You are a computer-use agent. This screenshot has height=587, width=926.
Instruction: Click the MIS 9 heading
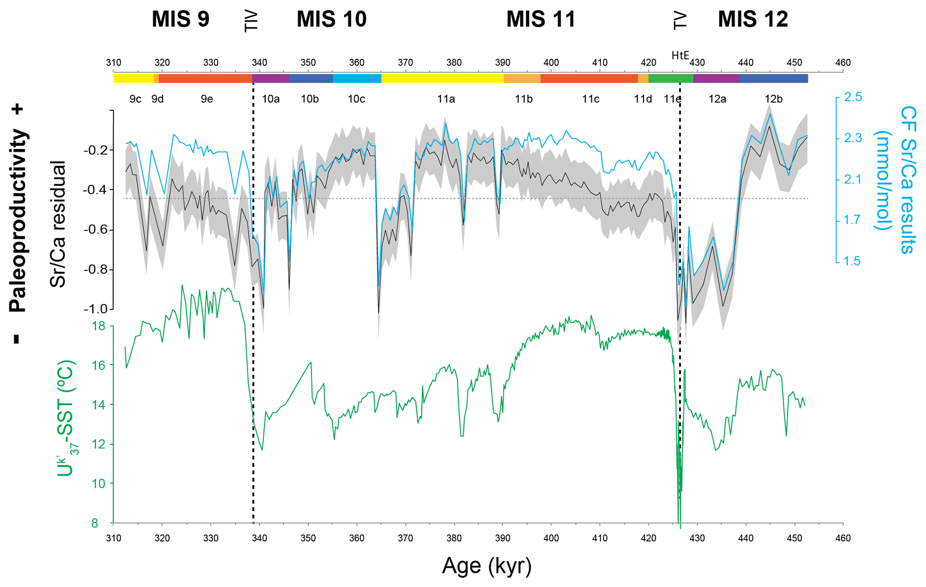[180, 20]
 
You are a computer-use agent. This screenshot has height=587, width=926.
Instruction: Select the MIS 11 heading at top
[541, 20]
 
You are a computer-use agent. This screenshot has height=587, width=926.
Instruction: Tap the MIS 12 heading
[752, 20]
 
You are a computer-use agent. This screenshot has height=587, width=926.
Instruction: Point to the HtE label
[680, 55]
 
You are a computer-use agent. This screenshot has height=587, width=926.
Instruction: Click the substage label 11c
[590, 99]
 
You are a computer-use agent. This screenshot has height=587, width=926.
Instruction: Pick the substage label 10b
[310, 99]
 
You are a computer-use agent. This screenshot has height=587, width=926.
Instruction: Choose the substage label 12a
[717, 99]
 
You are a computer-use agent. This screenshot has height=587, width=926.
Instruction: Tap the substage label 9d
[158, 99]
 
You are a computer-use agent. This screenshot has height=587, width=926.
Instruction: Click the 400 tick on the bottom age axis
[551, 538]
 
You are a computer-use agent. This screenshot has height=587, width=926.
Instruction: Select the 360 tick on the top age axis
[356, 63]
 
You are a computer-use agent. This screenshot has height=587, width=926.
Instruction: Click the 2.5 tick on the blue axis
[853, 97]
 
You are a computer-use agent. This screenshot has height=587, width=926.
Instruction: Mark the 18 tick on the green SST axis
[99, 326]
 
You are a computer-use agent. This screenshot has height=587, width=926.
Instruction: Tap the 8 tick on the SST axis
[95, 524]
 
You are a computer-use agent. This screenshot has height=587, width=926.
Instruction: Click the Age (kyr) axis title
[487, 566]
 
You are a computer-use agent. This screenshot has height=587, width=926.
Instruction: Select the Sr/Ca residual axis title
[58, 225]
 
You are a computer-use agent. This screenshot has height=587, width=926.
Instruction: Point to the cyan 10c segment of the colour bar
[357, 79]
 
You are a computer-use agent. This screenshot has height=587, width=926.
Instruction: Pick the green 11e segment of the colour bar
[670, 79]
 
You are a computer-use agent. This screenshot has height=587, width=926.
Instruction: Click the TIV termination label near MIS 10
[250, 21]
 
